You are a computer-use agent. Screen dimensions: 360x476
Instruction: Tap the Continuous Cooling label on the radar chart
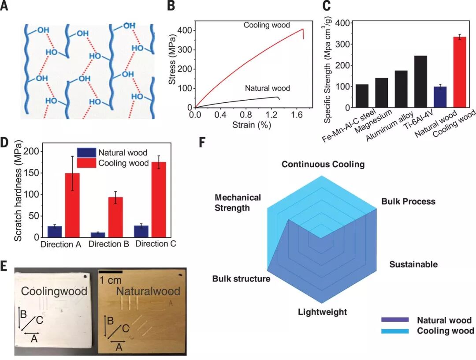point(323,165)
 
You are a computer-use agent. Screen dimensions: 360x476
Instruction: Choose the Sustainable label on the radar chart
point(413,264)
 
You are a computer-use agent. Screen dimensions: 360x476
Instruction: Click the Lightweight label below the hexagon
point(322,312)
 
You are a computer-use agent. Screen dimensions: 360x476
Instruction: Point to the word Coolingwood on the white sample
point(54,292)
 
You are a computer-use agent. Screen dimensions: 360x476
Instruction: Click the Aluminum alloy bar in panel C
point(401,89)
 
